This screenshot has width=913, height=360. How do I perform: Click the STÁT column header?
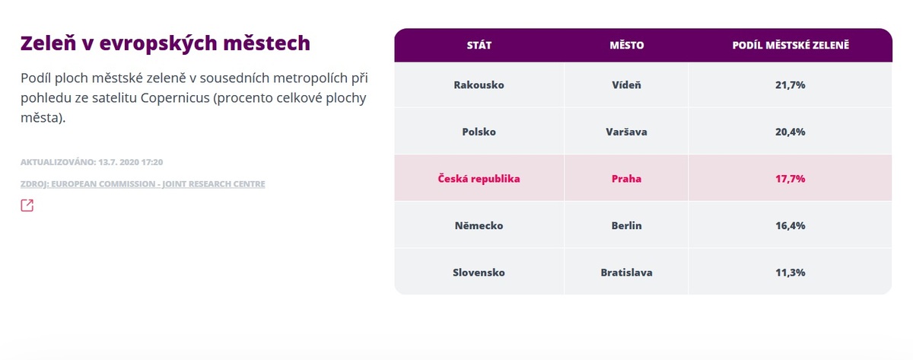(479, 45)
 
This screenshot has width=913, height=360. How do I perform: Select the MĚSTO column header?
(626, 45)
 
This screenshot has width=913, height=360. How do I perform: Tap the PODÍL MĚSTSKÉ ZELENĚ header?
(791, 45)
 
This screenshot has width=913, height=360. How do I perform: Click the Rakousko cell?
(479, 84)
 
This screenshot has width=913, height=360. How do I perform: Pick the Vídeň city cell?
(626, 84)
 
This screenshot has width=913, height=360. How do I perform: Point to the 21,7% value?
(791, 84)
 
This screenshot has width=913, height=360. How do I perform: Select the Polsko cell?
(479, 132)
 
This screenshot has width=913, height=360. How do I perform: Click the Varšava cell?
(626, 132)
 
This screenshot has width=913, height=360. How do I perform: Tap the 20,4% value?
(791, 132)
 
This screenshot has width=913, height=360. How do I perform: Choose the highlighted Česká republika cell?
(479, 179)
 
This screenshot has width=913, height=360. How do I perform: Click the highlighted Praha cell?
(626, 179)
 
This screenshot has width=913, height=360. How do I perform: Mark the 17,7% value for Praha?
(791, 179)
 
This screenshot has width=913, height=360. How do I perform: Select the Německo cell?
(479, 225)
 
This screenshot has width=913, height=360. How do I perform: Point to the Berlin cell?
(626, 225)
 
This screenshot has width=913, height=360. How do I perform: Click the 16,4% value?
(791, 225)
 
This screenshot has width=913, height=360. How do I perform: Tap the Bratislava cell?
(626, 272)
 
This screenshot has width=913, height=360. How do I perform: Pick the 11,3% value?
(791, 272)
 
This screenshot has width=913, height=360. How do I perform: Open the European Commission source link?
(143, 184)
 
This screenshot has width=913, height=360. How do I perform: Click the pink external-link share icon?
(27, 205)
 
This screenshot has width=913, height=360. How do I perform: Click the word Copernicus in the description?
(175, 98)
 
